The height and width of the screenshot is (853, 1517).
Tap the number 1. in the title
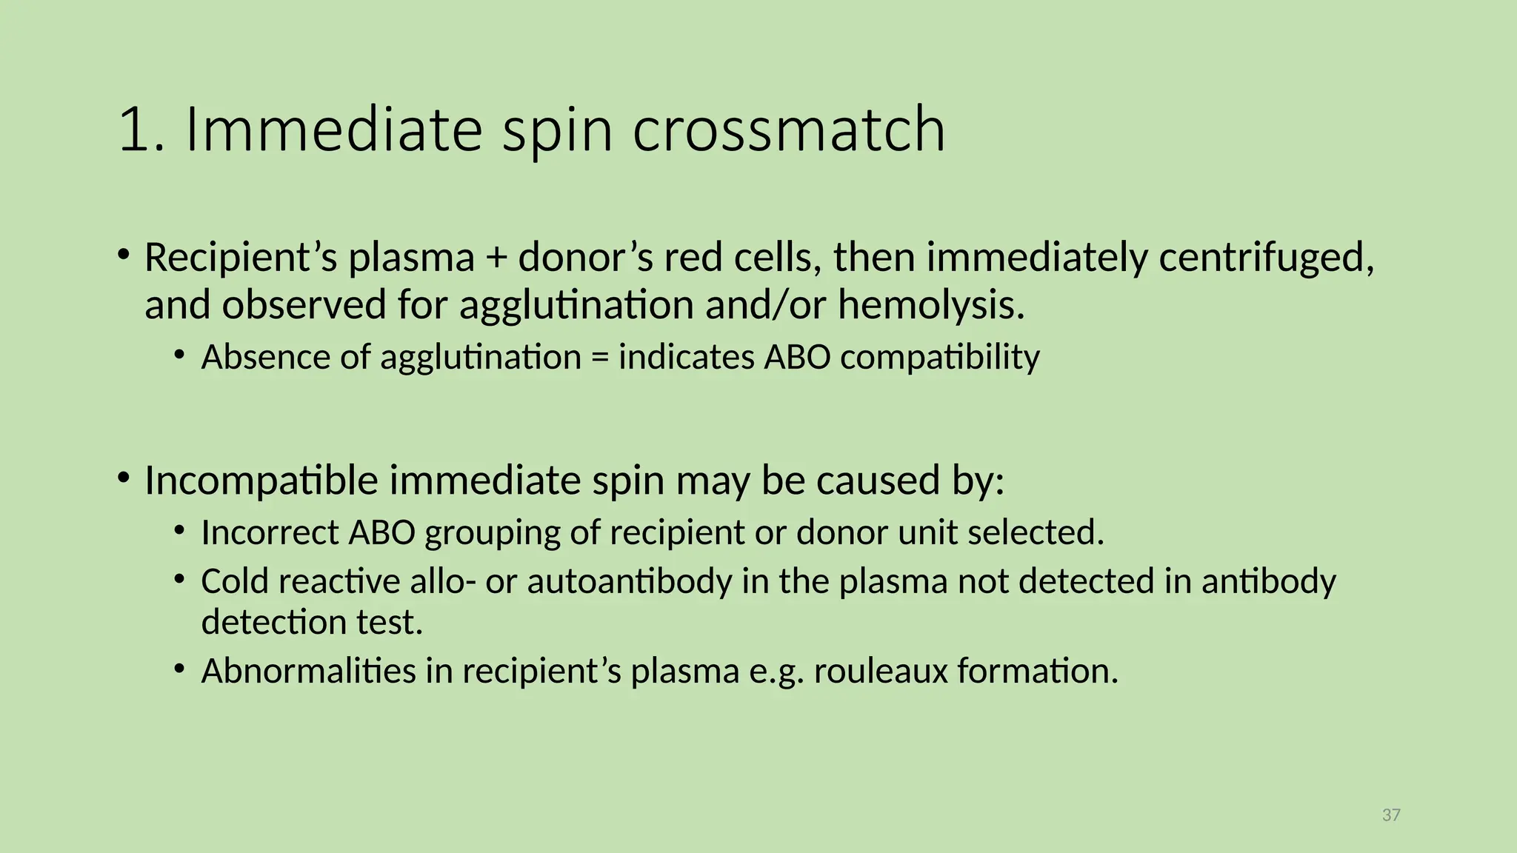click(x=141, y=130)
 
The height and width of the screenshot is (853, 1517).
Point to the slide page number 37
click(x=1391, y=815)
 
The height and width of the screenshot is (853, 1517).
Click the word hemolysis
click(x=931, y=305)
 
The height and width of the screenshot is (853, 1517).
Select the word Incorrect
click(x=270, y=532)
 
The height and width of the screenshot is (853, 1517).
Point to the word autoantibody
click(x=630, y=581)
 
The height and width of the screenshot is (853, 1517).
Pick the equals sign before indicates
click(x=599, y=358)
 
